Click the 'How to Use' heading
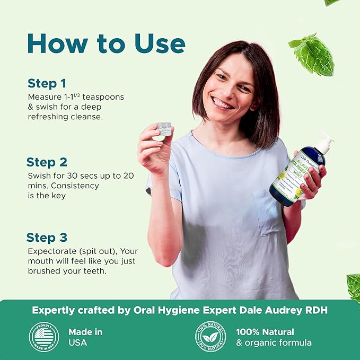coord(106,44)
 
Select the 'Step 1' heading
coord(47,83)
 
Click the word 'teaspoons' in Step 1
coord(106,98)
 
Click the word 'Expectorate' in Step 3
coord(51,251)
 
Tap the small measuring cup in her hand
coord(164,128)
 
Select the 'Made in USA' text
coord(85,337)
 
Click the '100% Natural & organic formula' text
coord(274,337)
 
